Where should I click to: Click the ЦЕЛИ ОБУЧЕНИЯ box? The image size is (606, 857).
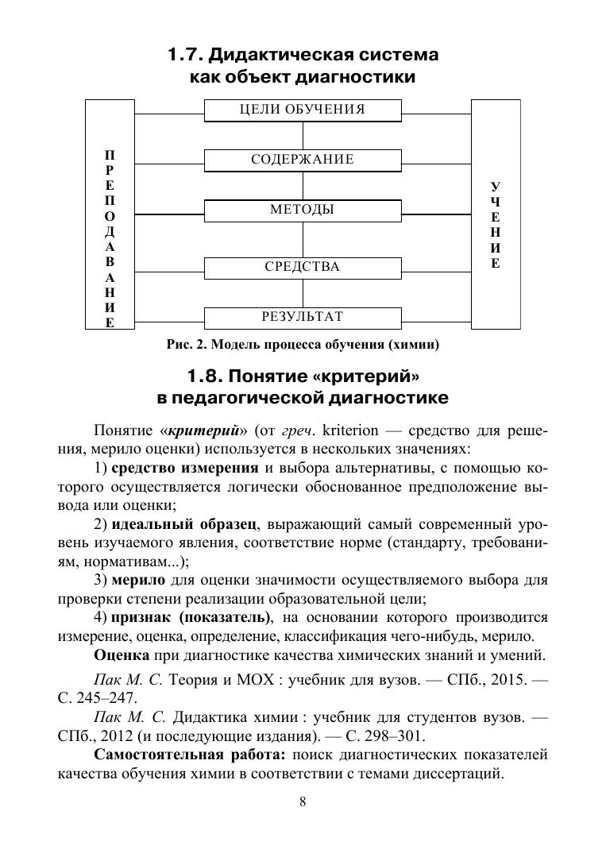coord(302,110)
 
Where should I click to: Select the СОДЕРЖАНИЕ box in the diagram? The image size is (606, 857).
coord(302,160)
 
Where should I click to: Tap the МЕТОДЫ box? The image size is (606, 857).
coord(302,210)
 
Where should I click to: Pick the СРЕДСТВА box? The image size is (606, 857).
coord(302,268)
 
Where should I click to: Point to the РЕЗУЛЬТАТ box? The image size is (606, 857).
coord(302,318)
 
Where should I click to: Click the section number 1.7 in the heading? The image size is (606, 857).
coord(185,56)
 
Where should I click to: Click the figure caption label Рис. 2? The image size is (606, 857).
coord(187,345)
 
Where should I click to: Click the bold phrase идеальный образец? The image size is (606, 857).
coord(184,523)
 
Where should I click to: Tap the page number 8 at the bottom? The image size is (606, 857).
coord(303,801)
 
